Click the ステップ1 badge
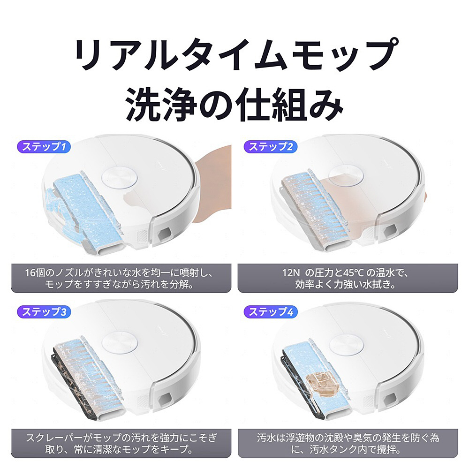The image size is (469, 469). coord(44,146)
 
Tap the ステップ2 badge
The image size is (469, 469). coord(271,146)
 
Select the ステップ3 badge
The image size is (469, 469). coord(44,312)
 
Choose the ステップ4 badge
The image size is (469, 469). coord(271,312)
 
